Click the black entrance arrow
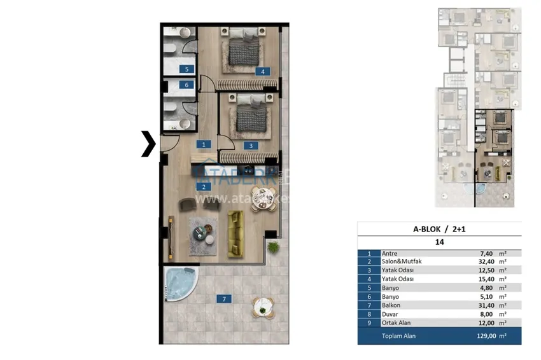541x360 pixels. [148, 144]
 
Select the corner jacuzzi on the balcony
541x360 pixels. [178, 282]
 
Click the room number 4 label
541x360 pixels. [262, 71]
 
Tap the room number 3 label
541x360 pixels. [251, 145]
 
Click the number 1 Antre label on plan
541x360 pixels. [203, 145]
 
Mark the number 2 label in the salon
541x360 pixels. [203, 187]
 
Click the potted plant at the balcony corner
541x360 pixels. [273, 246]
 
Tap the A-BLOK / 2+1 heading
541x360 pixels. [439, 230]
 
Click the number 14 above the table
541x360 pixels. [439, 242]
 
